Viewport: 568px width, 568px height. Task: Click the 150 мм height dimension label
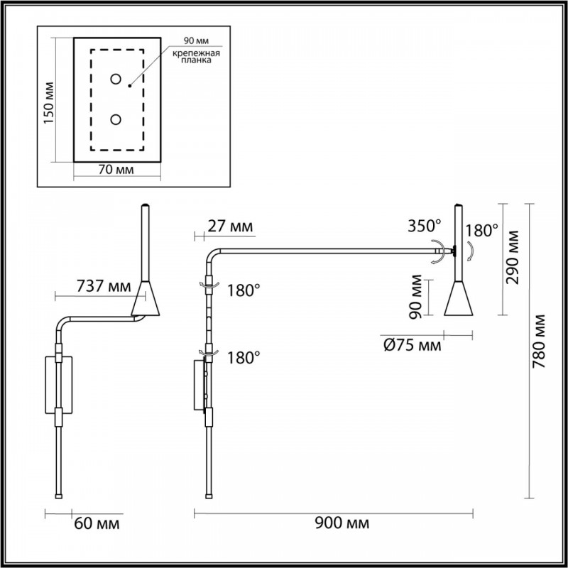click(x=48, y=102)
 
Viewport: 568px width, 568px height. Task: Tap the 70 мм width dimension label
click(x=116, y=169)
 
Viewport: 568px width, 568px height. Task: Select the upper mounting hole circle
click(x=116, y=79)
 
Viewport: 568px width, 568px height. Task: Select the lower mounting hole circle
click(x=116, y=119)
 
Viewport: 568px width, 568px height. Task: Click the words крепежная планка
click(x=196, y=57)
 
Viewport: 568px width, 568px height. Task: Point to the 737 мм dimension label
click(x=104, y=287)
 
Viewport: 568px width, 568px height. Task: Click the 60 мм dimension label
click(x=97, y=523)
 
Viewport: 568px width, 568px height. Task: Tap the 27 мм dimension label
click(x=230, y=226)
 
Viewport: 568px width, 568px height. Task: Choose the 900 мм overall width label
click(x=342, y=523)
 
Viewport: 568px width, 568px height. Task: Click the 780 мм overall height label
click(x=539, y=342)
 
